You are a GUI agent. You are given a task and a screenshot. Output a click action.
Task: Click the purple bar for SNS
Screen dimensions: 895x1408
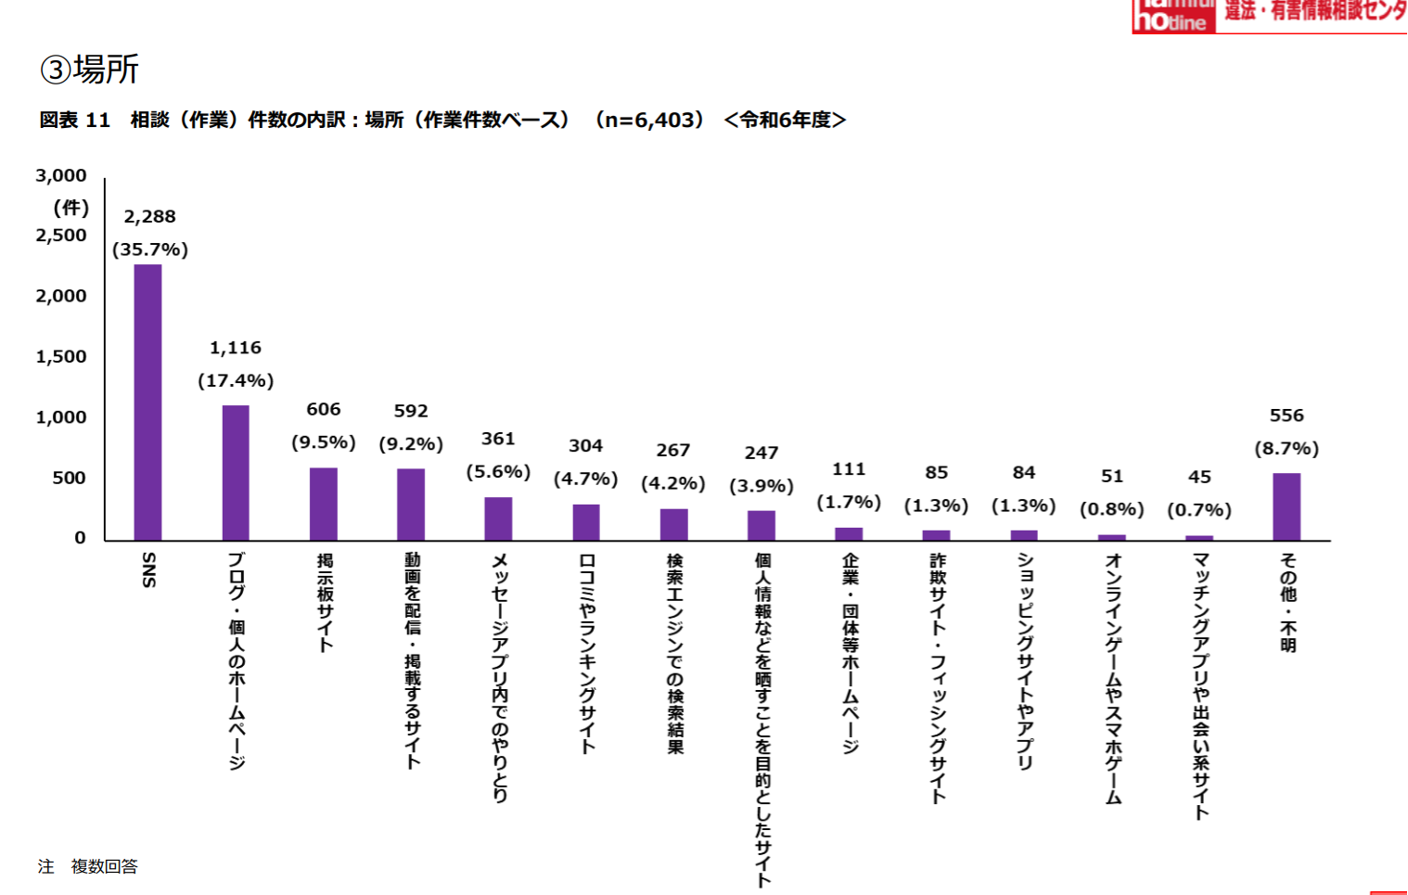[147, 403]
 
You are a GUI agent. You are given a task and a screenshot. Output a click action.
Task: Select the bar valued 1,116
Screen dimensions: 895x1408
[236, 473]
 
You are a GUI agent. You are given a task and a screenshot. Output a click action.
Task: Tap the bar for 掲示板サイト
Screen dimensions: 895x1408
[323, 505]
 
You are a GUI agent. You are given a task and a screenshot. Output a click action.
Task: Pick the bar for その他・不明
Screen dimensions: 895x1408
[1286, 507]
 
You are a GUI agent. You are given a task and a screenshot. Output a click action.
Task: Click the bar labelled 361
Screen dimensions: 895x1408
[498, 519]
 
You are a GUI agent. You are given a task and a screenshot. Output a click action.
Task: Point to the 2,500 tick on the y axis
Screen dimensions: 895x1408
[61, 236]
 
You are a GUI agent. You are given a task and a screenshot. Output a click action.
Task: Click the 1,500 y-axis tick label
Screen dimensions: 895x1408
[61, 357]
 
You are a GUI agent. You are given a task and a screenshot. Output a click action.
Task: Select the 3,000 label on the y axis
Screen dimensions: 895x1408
[61, 175]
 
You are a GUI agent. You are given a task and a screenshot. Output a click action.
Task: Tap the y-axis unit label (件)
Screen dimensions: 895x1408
[70, 207]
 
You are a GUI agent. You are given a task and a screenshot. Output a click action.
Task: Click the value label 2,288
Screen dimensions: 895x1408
[149, 216]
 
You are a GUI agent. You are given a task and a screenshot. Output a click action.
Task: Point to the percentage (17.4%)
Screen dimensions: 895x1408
[236, 380]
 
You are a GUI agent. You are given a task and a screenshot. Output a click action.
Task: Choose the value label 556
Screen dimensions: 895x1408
[1286, 416]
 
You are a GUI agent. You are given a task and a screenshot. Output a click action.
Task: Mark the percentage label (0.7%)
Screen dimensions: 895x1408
[1199, 509]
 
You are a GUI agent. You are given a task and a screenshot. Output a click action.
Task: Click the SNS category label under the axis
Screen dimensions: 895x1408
[148, 569]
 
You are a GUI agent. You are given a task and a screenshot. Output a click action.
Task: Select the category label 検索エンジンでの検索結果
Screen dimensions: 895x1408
[674, 654]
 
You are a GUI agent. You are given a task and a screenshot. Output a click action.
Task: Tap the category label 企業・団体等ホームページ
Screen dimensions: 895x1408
[850, 654]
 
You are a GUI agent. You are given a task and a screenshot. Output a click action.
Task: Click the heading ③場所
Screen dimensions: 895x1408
[90, 70]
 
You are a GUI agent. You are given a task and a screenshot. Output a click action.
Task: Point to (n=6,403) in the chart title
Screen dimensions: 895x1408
[649, 120]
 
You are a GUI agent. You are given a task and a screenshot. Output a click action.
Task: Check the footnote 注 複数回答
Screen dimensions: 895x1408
[88, 866]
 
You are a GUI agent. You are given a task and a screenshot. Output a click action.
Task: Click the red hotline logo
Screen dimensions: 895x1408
[1173, 17]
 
